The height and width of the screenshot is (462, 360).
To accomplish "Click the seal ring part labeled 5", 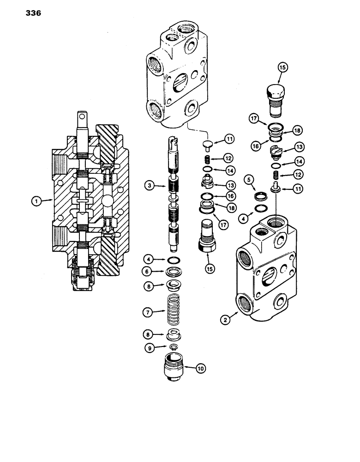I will tap(262, 196).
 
